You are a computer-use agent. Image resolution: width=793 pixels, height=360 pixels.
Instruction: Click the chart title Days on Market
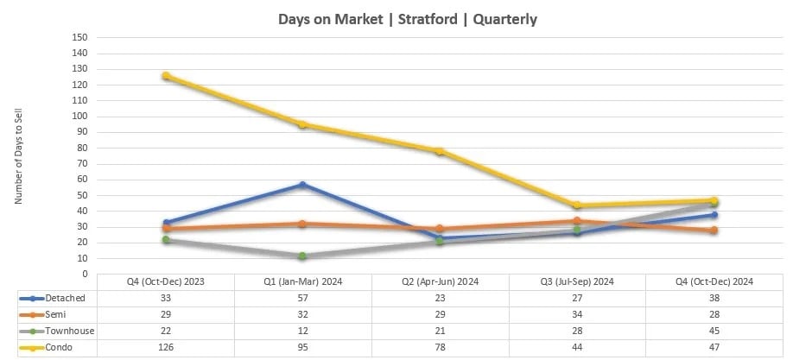pos(407,19)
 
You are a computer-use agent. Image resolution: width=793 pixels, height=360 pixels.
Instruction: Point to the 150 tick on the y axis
pos(80,38)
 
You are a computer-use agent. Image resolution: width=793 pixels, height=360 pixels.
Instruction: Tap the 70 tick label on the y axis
pos(82,164)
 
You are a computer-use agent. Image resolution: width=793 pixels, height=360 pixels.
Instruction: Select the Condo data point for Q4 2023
pos(166,76)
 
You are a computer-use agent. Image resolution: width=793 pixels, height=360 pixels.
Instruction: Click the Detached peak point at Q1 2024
pos(302,185)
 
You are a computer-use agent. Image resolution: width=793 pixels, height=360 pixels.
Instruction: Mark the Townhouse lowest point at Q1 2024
pos(302,256)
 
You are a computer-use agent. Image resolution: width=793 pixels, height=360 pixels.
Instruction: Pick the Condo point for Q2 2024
pos(440,151)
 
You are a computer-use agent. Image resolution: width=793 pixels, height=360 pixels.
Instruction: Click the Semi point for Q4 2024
pos(714,231)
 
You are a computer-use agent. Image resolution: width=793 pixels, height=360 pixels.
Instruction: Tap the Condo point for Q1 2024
pos(302,124)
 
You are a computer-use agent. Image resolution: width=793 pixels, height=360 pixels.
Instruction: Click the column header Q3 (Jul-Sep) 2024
pos(577,281)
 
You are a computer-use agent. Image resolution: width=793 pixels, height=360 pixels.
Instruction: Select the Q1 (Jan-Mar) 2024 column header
pos(302,281)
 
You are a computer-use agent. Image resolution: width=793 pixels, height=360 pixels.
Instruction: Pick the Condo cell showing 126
pos(166,347)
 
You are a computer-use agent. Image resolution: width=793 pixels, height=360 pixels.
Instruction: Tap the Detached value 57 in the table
pos(302,297)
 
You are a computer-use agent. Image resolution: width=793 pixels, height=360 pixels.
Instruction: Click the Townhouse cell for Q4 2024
pos(714,331)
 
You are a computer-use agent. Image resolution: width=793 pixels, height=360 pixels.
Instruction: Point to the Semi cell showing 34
pos(577,313)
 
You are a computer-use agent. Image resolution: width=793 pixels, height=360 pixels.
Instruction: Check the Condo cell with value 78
pos(440,347)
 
